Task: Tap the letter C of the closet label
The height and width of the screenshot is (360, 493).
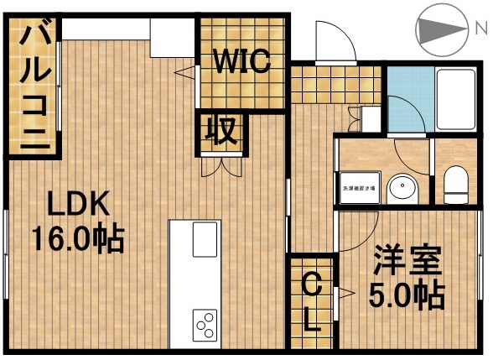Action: click(310, 285)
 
